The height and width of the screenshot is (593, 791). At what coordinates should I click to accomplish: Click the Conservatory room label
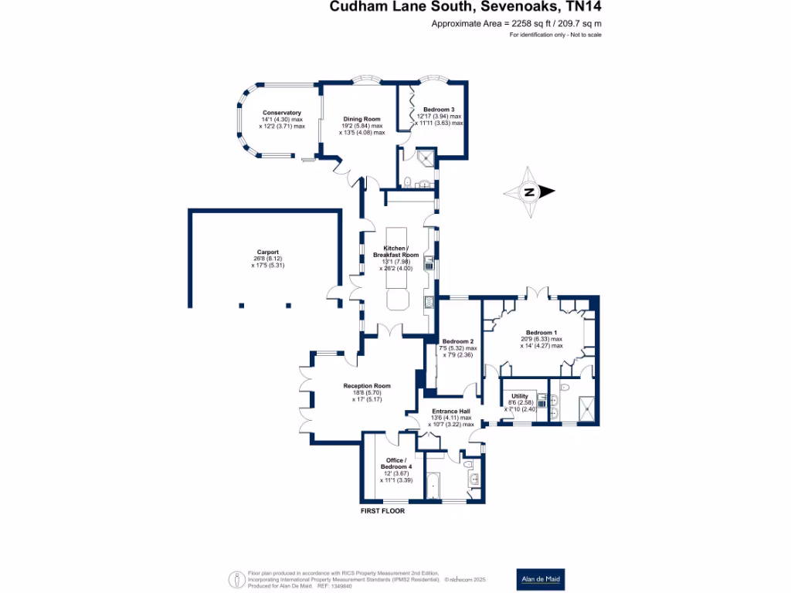click(281, 113)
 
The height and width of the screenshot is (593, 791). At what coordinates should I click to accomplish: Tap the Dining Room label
click(362, 119)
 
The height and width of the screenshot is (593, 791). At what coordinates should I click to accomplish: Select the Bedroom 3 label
click(438, 110)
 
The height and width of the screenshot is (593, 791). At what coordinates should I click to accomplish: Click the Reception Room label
click(367, 386)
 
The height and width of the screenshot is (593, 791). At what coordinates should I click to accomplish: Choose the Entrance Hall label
click(450, 411)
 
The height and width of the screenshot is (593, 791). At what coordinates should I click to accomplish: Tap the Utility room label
click(519, 395)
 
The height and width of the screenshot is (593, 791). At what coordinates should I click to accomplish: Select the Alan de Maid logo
click(540, 579)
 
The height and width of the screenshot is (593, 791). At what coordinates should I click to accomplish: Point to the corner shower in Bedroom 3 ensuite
click(425, 159)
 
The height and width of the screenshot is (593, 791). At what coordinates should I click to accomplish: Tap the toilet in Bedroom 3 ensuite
click(406, 182)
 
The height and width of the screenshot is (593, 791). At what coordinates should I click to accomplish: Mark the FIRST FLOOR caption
click(382, 511)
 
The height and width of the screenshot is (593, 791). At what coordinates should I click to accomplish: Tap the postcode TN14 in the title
click(582, 8)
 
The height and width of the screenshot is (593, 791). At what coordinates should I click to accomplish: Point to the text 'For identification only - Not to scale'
click(555, 36)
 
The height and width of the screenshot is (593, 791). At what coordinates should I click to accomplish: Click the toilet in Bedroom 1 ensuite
click(565, 387)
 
